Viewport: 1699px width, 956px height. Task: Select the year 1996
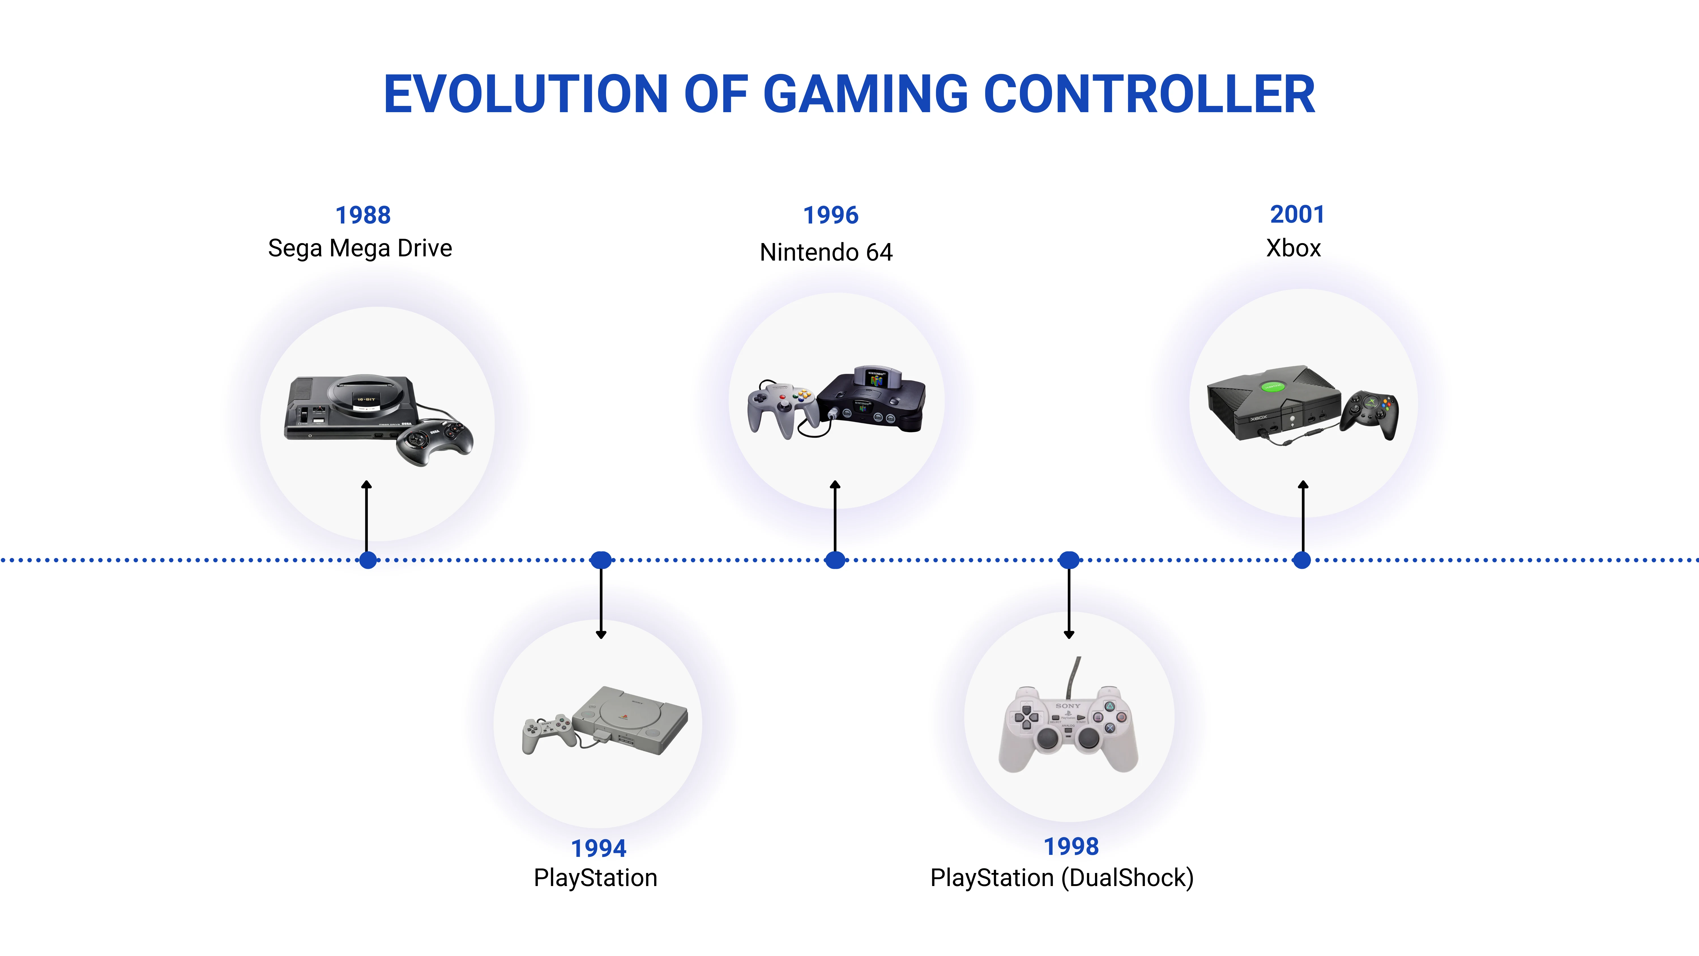830,215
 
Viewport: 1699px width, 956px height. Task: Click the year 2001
1297,214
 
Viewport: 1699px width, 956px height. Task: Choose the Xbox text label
1294,248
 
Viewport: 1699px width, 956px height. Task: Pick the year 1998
1071,846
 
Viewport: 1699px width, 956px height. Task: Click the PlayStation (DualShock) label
1062,878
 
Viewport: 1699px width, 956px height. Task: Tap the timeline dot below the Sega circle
368,560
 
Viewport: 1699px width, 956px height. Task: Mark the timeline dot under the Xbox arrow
1302,560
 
